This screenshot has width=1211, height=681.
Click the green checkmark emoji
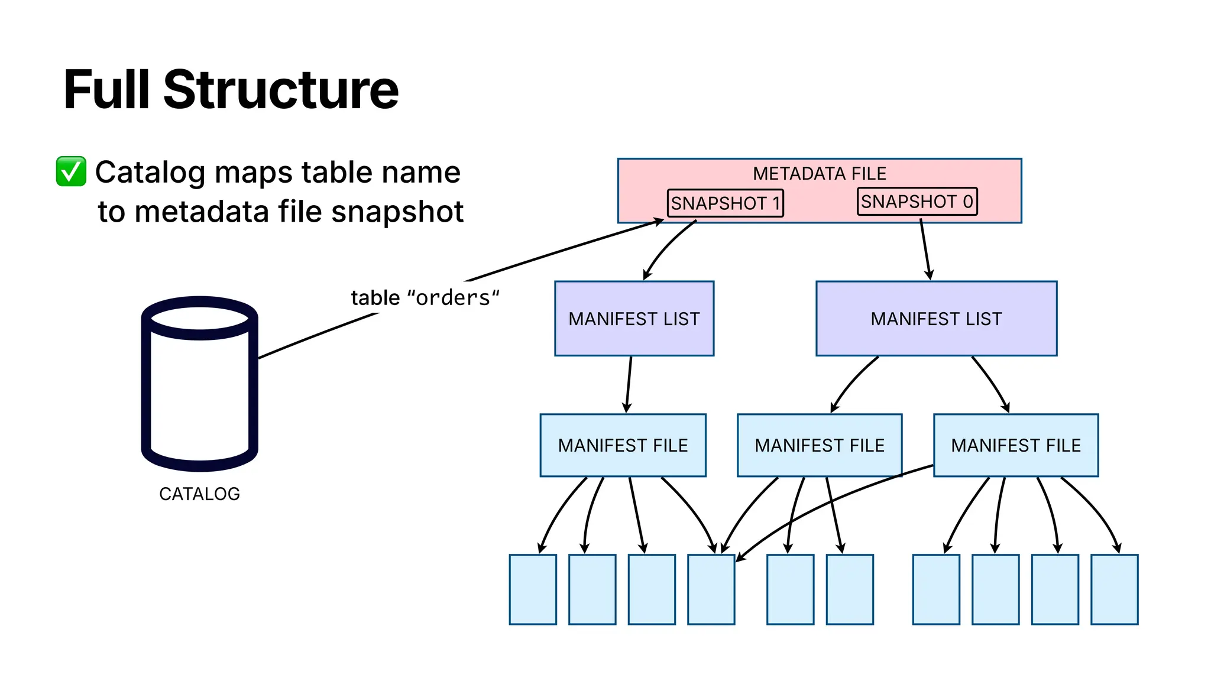71,171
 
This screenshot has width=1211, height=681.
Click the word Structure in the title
281,90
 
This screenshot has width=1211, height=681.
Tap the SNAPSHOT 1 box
725,203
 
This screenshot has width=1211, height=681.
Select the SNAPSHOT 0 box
917,202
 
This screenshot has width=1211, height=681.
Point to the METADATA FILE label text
819,173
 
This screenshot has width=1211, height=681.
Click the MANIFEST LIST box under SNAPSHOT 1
634,319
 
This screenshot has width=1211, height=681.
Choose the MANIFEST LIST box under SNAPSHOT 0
936,319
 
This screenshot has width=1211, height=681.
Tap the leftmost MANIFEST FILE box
623,445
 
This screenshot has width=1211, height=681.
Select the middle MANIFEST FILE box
820,445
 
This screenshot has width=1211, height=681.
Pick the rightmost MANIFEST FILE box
1016,445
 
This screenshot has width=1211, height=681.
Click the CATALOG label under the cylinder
199,494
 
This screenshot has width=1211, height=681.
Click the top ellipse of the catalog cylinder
200,318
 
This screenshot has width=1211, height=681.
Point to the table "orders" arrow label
425,297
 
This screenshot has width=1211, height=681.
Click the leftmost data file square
533,589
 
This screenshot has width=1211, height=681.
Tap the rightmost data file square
1114,589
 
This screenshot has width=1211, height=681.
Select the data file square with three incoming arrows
711,589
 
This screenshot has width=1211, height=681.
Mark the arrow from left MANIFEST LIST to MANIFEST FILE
629,384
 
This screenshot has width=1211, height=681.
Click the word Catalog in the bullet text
151,173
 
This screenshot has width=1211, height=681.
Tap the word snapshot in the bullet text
397,212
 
